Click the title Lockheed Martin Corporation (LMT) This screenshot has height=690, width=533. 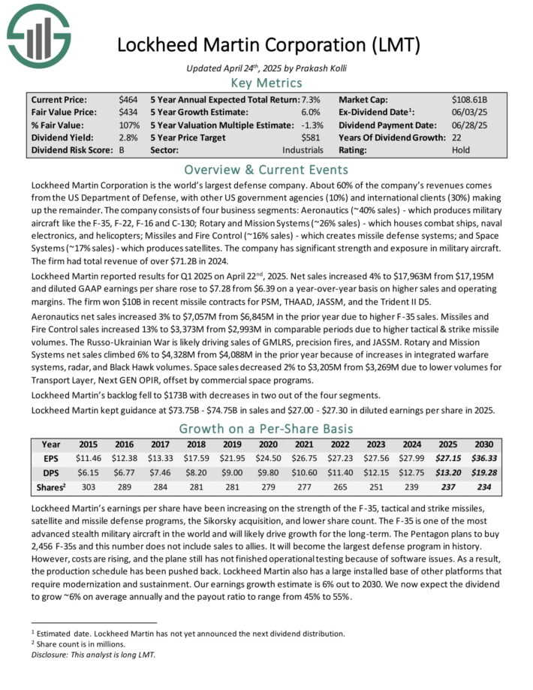(266, 45)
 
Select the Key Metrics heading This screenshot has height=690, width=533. (266, 83)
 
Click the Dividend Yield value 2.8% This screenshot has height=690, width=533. (128, 137)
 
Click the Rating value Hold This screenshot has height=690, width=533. (462, 149)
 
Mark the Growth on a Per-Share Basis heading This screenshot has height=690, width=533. (266, 429)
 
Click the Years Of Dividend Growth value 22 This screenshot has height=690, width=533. (456, 137)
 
